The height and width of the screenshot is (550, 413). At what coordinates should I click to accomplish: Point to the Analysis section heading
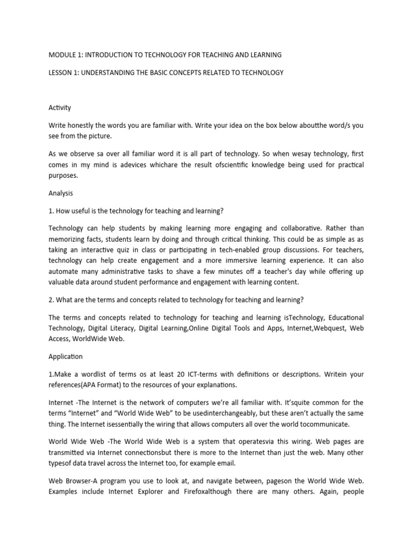pyautogui.click(x=61, y=192)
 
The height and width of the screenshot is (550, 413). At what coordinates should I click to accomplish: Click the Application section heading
pyautogui.click(x=66, y=356)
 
